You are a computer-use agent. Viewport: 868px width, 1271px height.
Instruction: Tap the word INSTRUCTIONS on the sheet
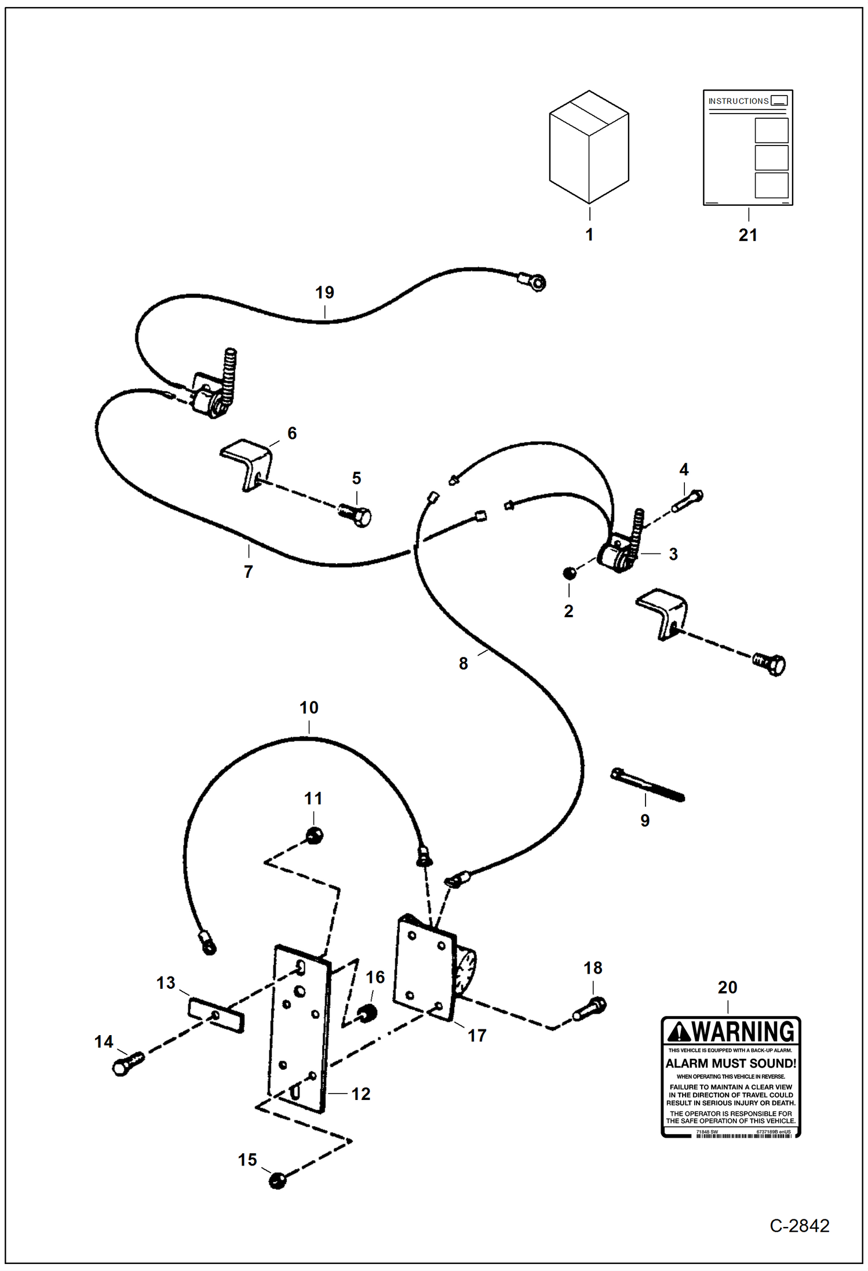(738, 101)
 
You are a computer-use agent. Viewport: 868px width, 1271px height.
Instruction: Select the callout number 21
(747, 235)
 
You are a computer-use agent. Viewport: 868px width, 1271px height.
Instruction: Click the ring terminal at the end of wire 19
(538, 283)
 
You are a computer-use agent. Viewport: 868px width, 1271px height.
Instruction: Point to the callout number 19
(324, 293)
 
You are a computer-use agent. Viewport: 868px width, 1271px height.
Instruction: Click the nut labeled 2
(570, 573)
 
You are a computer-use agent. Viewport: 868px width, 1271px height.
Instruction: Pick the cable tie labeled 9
(647, 786)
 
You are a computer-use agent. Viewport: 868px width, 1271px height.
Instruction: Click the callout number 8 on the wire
(463, 664)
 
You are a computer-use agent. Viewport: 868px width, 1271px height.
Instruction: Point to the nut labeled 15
(278, 1179)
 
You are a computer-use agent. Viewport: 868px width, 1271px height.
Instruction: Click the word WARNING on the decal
(744, 1032)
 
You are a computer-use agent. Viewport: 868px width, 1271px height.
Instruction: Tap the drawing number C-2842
(799, 1225)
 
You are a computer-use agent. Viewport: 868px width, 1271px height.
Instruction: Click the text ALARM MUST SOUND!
(730, 1063)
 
